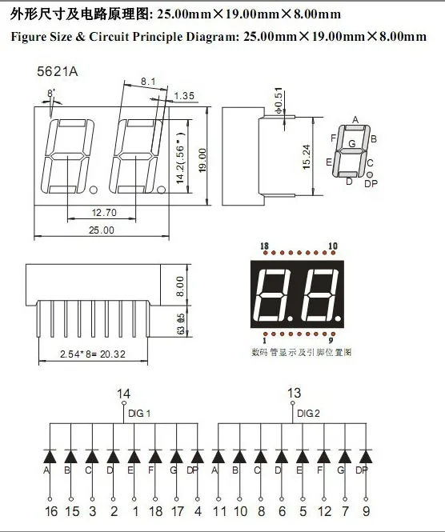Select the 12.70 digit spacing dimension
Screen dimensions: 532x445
point(105,213)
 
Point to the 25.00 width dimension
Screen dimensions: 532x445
point(102,230)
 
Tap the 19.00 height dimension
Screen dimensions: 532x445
point(202,154)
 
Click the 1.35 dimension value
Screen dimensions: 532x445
point(185,96)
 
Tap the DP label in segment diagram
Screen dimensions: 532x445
point(371,183)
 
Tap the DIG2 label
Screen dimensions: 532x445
point(308,414)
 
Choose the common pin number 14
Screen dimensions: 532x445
point(123,394)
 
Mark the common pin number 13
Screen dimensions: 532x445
point(295,393)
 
